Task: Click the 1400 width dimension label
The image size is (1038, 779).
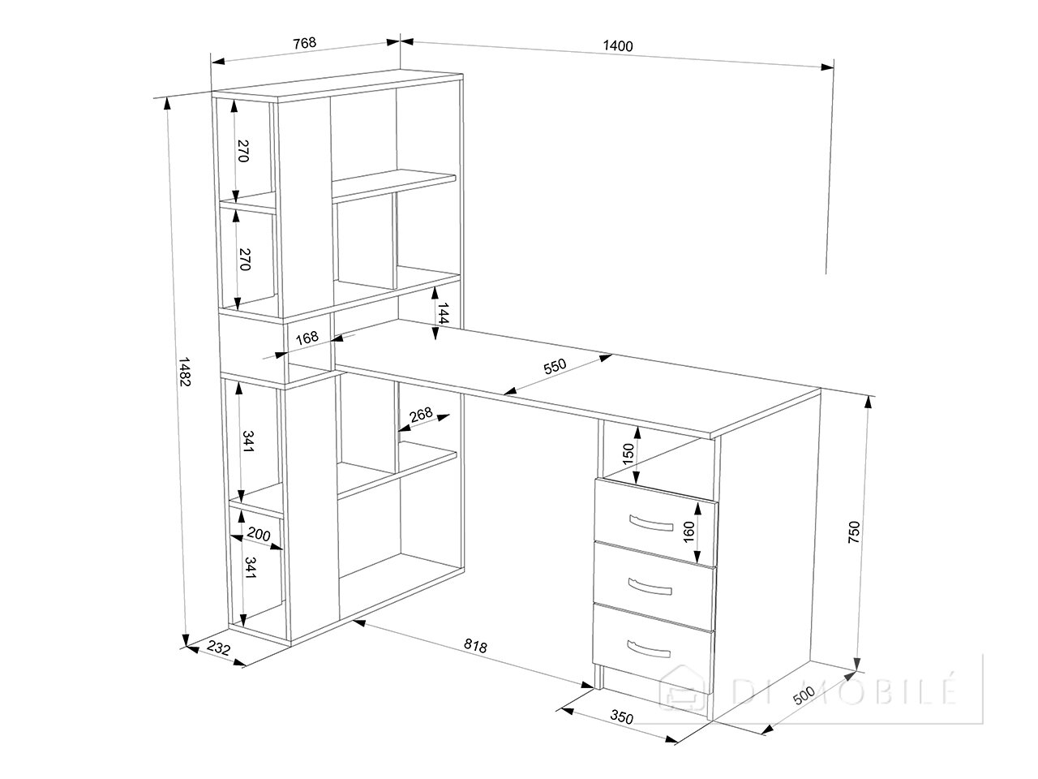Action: click(x=618, y=45)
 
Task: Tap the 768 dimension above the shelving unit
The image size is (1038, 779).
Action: click(x=304, y=43)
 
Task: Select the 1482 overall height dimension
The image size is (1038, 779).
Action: click(x=184, y=372)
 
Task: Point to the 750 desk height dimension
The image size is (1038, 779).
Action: click(x=853, y=532)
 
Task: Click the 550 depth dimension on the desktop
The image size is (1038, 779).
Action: click(x=555, y=366)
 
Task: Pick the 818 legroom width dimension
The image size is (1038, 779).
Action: click(x=475, y=646)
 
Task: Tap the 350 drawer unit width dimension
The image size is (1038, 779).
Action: click(x=621, y=717)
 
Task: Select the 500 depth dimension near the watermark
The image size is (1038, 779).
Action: click(x=804, y=695)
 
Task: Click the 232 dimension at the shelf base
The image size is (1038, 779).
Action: click(x=218, y=648)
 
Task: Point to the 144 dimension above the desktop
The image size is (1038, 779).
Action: click(x=442, y=313)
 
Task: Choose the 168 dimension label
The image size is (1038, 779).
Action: click(x=307, y=338)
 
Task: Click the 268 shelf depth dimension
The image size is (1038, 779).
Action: click(x=421, y=415)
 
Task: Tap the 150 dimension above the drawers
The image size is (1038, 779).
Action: click(x=628, y=454)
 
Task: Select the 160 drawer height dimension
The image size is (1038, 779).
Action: click(x=688, y=532)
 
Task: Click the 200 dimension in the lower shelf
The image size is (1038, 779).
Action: click(x=259, y=535)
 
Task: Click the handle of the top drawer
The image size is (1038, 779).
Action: click(x=650, y=523)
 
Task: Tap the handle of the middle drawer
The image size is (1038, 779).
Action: click(x=650, y=587)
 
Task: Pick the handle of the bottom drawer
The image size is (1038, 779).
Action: click(x=648, y=649)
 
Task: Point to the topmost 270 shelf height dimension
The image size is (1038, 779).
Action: click(x=242, y=151)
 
